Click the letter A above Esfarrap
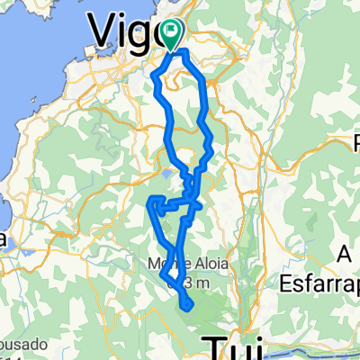click(342, 256)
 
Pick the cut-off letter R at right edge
click(355, 141)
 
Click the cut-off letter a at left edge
click(4, 239)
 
